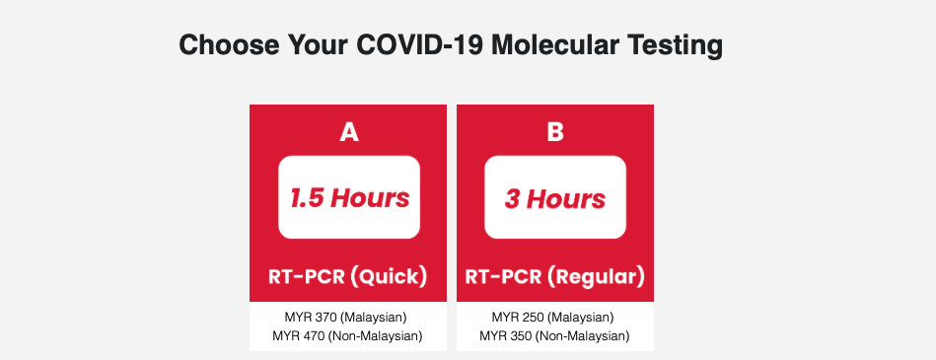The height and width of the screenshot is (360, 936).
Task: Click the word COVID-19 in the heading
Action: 420,44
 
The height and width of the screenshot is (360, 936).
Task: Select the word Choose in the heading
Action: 229,44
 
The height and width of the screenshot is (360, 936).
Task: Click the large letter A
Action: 349,132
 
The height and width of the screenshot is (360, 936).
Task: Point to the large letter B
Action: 555,132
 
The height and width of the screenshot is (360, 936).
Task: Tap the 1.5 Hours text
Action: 350,197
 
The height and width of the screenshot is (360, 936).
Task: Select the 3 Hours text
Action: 555,199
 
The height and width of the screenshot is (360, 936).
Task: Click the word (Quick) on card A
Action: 389,277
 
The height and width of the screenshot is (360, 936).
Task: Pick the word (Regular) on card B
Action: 598,277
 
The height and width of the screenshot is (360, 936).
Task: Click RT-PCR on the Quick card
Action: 305,277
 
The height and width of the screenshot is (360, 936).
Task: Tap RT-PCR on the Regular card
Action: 503,277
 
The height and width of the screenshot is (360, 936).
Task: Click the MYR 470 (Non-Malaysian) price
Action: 347,336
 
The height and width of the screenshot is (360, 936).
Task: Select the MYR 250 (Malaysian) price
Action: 553,317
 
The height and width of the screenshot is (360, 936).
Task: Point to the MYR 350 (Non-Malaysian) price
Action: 554,336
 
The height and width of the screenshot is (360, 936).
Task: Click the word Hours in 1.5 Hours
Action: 371,197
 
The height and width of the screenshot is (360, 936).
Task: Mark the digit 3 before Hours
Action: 512,199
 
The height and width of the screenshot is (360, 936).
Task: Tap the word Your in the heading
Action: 319,44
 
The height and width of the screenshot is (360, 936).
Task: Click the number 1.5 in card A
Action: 307,198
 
